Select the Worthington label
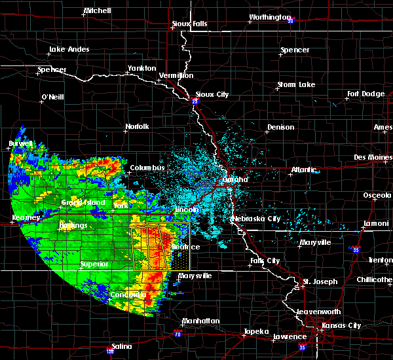pos(269,18)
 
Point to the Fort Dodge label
pos(366,94)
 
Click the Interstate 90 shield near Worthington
pos(290,21)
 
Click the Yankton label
pos(141,68)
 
